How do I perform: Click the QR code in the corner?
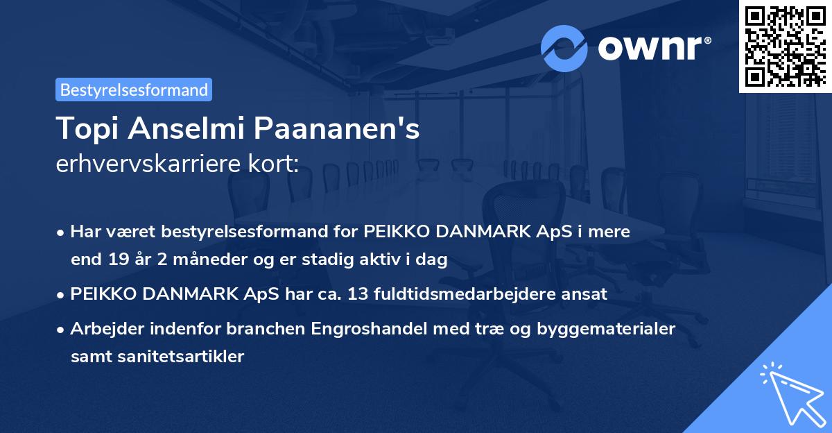(x=785, y=46)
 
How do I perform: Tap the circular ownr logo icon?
(x=564, y=48)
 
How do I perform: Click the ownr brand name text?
(x=653, y=48)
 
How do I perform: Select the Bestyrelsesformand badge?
(x=134, y=90)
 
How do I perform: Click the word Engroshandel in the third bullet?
(x=374, y=328)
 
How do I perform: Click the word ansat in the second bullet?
(x=587, y=294)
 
